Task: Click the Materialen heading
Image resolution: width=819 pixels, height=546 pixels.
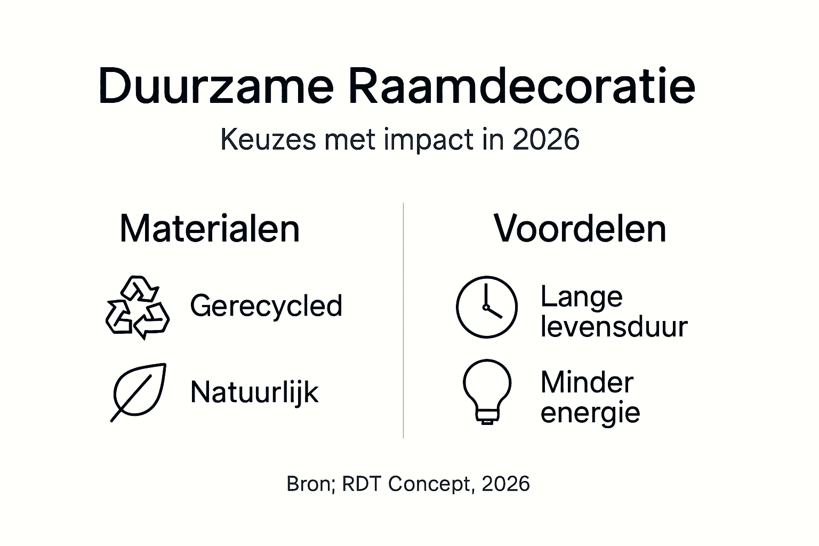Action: [x=210, y=229]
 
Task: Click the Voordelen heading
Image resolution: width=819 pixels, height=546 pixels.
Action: [x=580, y=229]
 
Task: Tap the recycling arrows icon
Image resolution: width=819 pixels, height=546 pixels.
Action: [x=138, y=308]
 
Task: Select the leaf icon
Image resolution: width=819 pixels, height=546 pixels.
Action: [x=139, y=392]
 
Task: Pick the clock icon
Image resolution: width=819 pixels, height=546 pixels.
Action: [x=486, y=307]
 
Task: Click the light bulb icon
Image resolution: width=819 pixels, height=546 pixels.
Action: [x=487, y=391]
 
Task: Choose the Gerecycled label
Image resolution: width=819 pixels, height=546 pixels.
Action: [x=266, y=306]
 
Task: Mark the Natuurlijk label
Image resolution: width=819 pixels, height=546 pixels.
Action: [x=254, y=392]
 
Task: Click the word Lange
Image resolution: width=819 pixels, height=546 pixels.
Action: [x=581, y=296]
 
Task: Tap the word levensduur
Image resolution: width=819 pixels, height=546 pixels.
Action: [x=614, y=326]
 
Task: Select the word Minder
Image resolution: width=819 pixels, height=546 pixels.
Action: [x=587, y=382]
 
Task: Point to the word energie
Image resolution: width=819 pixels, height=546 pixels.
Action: [x=590, y=413]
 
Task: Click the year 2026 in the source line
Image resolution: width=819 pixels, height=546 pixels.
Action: [x=505, y=484]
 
